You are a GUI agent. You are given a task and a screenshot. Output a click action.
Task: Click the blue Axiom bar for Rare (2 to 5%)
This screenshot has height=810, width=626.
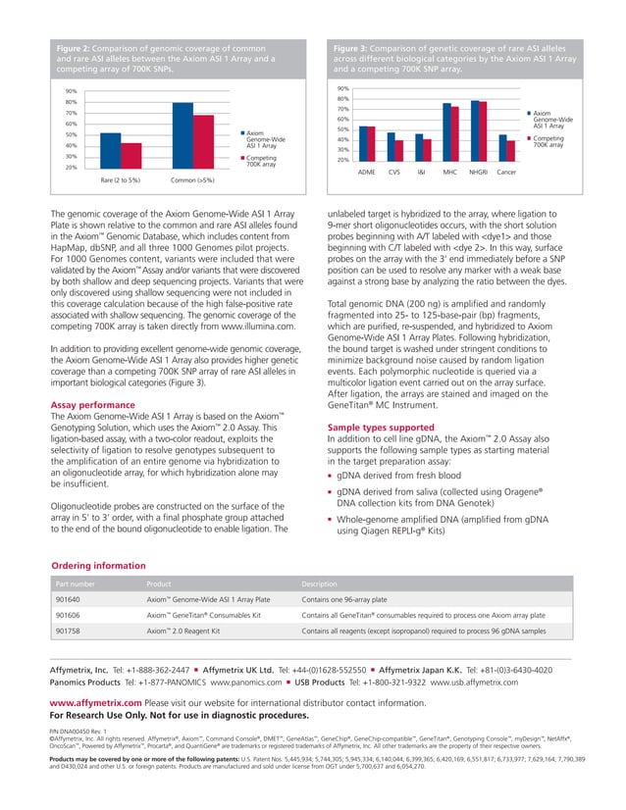[x=111, y=151]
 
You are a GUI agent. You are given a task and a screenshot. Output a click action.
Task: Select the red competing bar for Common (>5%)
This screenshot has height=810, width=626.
[x=203, y=142]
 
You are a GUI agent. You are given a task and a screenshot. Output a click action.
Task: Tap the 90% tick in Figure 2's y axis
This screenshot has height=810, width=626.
[x=72, y=92]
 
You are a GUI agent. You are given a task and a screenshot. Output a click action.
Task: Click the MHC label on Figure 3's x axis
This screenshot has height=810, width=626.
[x=449, y=172]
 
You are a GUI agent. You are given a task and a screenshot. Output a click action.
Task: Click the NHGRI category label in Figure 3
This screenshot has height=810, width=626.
[x=478, y=172]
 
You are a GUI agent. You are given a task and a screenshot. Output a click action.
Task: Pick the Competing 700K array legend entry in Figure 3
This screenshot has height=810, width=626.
[x=548, y=142]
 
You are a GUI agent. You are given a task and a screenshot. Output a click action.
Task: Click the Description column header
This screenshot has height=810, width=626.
[x=321, y=582]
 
